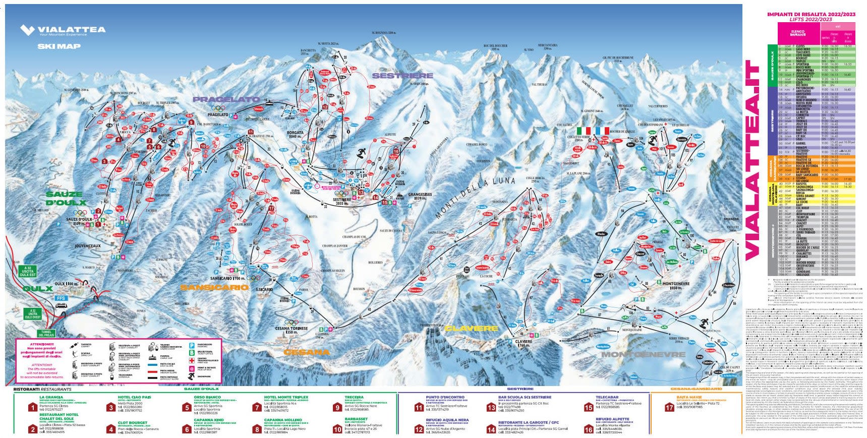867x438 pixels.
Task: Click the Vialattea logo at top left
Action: [63, 31]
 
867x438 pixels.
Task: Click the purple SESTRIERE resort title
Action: [395, 76]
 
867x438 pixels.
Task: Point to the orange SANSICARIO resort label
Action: [215, 287]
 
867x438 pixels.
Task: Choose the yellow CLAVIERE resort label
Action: [471, 328]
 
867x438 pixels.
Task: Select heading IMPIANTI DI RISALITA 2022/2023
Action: [811, 15]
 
